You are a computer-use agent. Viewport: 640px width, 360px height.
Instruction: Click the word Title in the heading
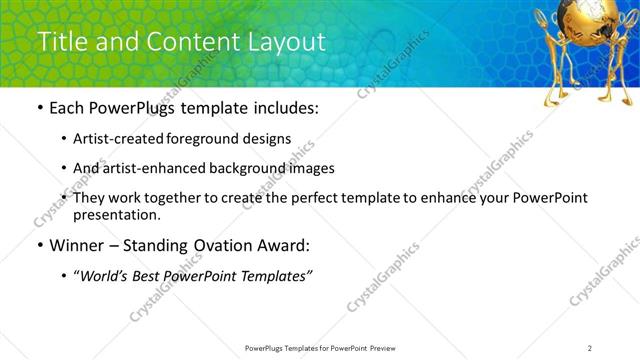pos(58,42)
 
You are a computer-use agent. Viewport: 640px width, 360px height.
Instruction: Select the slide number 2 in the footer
pos(590,348)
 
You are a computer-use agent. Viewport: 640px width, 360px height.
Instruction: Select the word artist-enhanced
pos(149,168)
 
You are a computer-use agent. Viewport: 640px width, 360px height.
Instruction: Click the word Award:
pos(284,245)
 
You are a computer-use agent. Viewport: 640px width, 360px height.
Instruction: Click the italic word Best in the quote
pos(153,276)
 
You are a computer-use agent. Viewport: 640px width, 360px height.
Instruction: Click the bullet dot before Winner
pos(39,246)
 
